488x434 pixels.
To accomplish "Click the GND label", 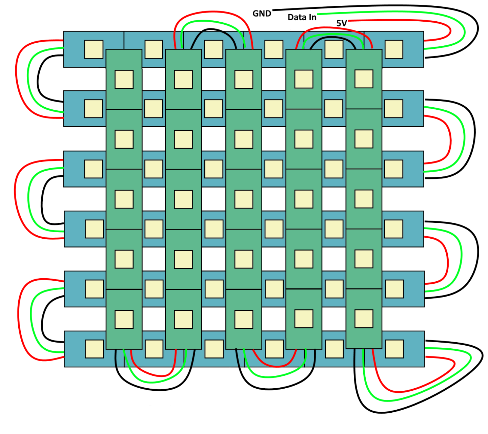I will (x=262, y=14).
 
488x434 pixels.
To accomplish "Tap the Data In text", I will (x=302, y=17).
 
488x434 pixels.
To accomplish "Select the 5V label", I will (x=341, y=23).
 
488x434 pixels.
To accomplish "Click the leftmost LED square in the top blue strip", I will (x=94, y=49).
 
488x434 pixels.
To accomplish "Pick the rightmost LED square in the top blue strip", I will (x=394, y=49).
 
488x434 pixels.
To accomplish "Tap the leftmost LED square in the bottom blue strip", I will (x=94, y=349).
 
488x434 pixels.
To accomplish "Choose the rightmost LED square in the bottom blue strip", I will (x=394, y=349).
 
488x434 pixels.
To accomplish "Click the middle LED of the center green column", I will (x=244, y=199).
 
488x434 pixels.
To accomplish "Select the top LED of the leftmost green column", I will (x=124, y=79).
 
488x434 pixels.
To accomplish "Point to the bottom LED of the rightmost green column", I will (x=364, y=319).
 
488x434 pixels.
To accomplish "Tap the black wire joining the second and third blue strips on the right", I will (x=474, y=139).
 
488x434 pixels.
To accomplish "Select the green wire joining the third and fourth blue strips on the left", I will (x=28, y=200).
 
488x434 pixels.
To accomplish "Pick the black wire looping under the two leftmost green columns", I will (x=152, y=389).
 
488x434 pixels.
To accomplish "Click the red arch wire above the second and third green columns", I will (x=213, y=13).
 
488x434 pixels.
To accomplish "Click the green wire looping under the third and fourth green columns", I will (x=274, y=377).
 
